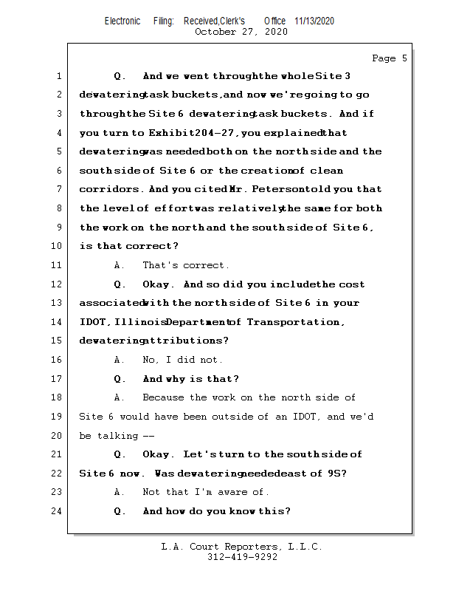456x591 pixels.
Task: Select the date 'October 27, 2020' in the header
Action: pos(241,32)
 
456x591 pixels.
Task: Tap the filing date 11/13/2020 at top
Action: pos(314,21)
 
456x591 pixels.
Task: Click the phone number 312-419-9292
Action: pos(241,557)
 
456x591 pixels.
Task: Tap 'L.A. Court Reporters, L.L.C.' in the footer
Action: pos(241,547)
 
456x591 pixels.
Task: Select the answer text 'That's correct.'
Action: pos(186,265)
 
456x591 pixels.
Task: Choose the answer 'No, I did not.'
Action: pos(182,360)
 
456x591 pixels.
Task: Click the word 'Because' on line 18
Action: pos(165,397)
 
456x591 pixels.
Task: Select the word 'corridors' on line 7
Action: pos(111,190)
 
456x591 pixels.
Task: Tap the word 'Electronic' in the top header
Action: pos(122,21)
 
